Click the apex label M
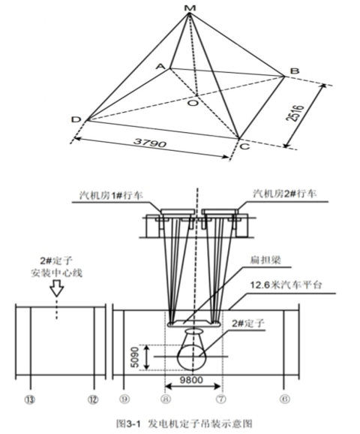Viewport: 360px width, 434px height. (190, 8)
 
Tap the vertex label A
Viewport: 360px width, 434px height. (160, 66)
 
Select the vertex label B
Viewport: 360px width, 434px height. (295, 71)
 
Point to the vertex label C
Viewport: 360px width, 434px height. (244, 146)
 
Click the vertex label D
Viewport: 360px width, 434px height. (76, 119)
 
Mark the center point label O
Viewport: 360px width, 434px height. (193, 103)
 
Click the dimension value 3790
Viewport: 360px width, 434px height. (150, 143)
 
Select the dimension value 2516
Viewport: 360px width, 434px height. (295, 113)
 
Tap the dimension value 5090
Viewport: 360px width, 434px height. (136, 357)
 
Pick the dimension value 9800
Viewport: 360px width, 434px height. (191, 380)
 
